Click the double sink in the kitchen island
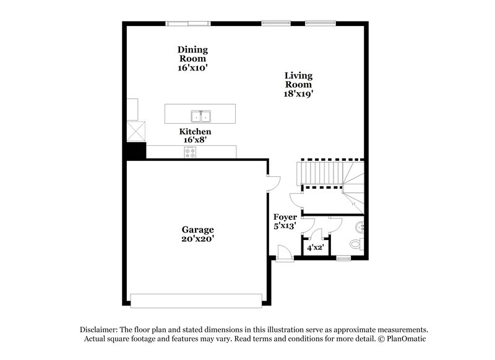point(200,116)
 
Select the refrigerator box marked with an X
point(136,131)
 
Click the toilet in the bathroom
point(355,245)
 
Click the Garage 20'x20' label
point(198,233)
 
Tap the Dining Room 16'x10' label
point(192,58)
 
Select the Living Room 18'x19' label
point(298,85)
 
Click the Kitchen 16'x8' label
point(195,136)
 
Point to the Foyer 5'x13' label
point(285,221)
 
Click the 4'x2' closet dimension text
point(316,248)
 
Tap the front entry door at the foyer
point(283,253)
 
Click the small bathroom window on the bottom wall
point(343,258)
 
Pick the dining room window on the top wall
point(188,24)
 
